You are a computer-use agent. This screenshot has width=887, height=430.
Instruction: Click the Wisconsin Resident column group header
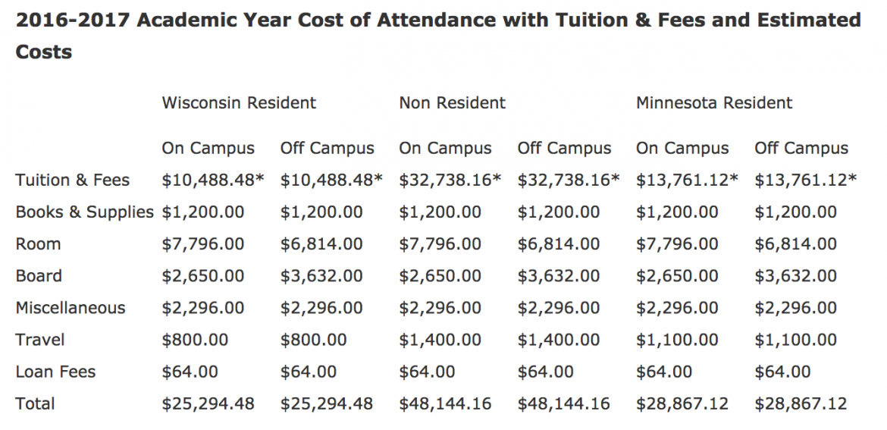[239, 102]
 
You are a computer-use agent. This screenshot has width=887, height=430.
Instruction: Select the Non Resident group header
[452, 102]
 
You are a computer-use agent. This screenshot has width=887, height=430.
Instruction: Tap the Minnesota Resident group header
[714, 102]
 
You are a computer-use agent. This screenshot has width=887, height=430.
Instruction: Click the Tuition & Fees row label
[73, 180]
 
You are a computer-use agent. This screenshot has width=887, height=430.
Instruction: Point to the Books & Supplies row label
[85, 212]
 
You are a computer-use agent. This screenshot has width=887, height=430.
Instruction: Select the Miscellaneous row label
[71, 308]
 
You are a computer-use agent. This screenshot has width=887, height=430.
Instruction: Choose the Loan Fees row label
[55, 372]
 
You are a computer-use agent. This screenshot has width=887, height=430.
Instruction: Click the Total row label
[35, 403]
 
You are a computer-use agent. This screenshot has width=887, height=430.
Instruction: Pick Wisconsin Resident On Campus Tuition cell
[213, 180]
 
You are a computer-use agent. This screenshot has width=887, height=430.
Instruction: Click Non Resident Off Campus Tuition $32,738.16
[569, 180]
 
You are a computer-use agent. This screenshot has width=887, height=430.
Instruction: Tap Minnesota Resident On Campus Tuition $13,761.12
[687, 180]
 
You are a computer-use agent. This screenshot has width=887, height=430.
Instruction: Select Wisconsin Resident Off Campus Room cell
[321, 244]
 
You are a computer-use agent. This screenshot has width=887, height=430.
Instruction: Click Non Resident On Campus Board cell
[440, 276]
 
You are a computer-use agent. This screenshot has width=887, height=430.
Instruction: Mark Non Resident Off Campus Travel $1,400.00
[559, 340]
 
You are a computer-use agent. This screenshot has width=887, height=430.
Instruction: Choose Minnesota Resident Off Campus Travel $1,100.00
[795, 340]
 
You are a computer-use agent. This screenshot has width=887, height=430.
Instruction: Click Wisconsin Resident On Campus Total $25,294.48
[208, 403]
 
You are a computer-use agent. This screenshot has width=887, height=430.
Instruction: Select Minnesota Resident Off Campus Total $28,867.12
[801, 403]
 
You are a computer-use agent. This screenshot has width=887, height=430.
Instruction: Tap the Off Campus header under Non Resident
[564, 149]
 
